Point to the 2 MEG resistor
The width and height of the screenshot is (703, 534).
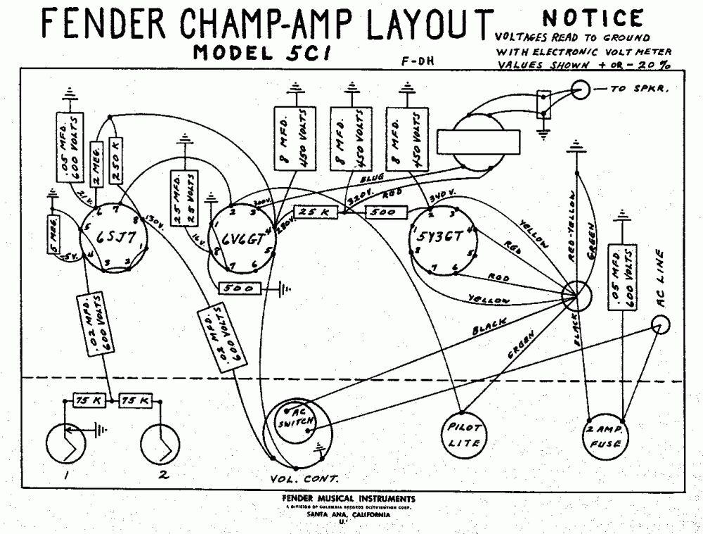coord(97,163)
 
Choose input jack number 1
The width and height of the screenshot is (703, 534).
coord(67,445)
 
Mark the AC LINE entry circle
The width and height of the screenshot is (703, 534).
coord(660,324)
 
